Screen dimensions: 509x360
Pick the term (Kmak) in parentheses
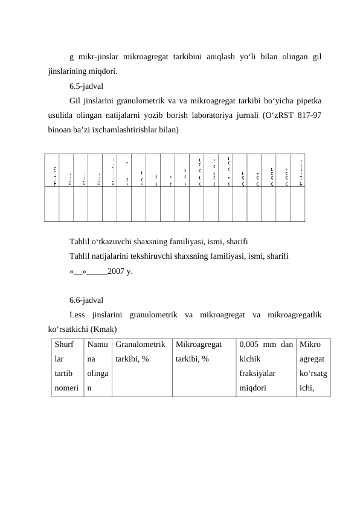(x=103, y=329)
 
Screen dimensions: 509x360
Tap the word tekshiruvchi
(x=152, y=258)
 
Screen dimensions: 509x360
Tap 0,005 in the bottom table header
(x=251, y=345)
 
